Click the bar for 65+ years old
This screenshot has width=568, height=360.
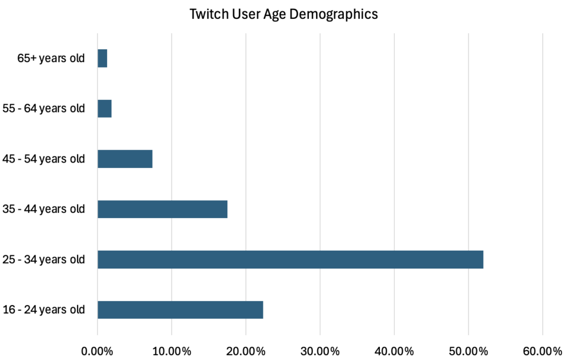click(103, 58)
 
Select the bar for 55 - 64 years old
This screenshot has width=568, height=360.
click(105, 109)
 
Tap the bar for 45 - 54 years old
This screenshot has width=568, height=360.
click(125, 159)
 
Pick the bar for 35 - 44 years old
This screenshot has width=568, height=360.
click(163, 209)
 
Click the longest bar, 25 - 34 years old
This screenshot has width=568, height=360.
click(290, 260)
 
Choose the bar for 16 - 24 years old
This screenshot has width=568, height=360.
click(180, 310)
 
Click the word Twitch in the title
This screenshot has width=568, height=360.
click(204, 14)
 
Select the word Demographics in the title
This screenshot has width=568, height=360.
click(339, 14)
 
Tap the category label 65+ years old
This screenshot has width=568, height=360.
click(51, 58)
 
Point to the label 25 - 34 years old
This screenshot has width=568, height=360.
click(44, 260)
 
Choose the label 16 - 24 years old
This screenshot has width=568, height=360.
click(44, 310)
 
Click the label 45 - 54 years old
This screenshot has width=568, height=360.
click(44, 159)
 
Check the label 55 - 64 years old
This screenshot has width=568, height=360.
click(44, 109)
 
